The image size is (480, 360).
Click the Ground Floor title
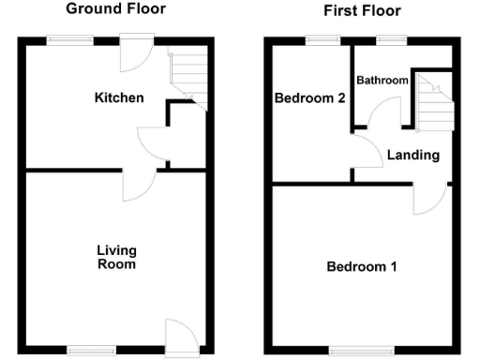coord(117,9)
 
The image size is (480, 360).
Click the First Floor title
coord(362,11)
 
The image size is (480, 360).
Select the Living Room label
coord(117,257)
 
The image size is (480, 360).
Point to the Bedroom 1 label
coord(361,267)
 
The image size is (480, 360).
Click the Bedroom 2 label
coord(304,97)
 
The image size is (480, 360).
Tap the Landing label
coord(412,155)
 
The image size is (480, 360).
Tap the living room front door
coord(178,336)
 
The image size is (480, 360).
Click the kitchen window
coord(70,39)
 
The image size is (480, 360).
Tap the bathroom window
coord(390,39)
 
